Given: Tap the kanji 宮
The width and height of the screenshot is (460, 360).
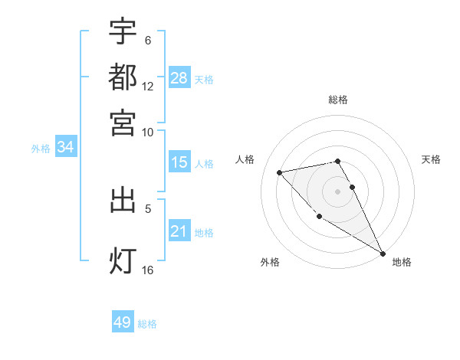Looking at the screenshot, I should click(123, 122).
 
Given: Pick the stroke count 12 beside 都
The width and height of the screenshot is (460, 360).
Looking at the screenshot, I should click(148, 87).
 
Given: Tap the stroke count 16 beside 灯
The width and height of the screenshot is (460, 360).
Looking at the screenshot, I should click(148, 270).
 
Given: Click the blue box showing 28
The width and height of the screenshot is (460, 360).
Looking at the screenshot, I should click(179, 77).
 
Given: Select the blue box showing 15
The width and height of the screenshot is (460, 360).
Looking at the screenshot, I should click(179, 163).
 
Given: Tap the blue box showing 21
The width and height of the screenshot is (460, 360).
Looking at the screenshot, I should click(179, 231).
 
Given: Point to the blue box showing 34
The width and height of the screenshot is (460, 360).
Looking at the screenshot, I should click(65, 148).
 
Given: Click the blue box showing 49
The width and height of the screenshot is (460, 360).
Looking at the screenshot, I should click(123, 322).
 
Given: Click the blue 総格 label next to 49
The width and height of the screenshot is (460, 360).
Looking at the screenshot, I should click(148, 324).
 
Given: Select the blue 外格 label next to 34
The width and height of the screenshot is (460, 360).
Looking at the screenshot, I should click(40, 149).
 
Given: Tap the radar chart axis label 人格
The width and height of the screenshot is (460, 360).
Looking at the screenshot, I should click(245, 159).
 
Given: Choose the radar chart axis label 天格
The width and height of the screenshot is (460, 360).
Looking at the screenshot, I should click(431, 159).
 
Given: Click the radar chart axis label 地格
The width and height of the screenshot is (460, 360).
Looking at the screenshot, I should click(402, 263).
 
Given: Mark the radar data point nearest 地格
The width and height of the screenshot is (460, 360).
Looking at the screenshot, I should click(383, 254).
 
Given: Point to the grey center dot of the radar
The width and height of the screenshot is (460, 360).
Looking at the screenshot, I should click(338, 191).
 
